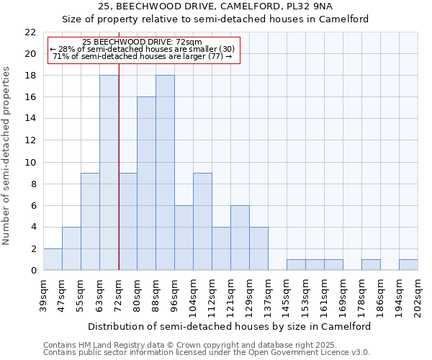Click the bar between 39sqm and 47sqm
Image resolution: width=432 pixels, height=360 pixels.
point(53,259)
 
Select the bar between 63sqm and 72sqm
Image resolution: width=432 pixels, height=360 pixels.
point(109,173)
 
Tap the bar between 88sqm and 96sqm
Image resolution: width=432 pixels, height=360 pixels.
point(165,173)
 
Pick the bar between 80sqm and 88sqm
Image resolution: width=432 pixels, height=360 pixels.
point(146,184)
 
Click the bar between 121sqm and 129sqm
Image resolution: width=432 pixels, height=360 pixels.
point(240,238)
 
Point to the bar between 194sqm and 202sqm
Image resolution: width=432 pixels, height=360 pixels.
point(408,265)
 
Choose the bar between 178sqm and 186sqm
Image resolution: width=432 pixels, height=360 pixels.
point(371,265)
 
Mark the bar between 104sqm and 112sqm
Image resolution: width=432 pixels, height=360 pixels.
point(202,222)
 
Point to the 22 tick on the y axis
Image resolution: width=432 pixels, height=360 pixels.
point(30,32)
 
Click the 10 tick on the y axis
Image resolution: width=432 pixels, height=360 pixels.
point(30,162)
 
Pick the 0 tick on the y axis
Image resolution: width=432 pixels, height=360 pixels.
point(33,271)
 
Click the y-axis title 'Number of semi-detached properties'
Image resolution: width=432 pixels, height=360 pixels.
point(7,156)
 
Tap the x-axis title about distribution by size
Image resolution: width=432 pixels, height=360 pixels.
point(230,326)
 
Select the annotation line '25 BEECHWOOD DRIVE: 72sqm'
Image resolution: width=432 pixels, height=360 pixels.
point(143,42)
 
